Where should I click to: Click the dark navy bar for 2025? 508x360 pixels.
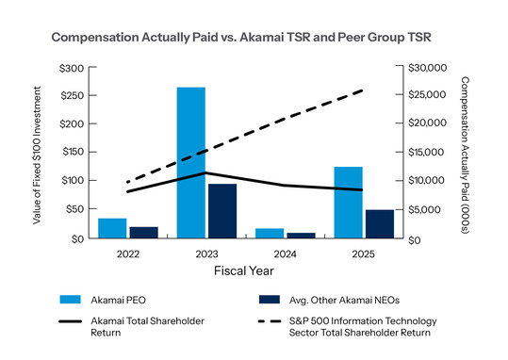point(380,223)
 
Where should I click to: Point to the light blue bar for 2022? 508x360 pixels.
point(112,228)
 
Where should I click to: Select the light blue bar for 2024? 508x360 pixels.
point(270,233)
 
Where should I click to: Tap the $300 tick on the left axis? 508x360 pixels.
point(71,69)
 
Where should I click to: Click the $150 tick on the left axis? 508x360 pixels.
point(72,153)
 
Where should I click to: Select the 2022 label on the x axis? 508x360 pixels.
point(127,254)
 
